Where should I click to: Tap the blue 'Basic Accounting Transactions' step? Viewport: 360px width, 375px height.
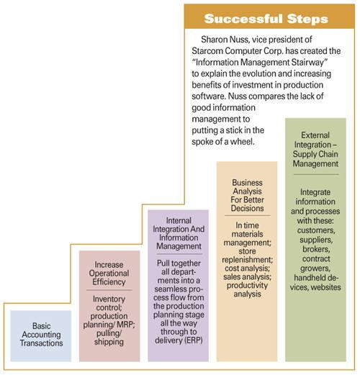(41, 336)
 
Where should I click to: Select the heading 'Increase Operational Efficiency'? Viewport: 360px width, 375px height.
(109, 274)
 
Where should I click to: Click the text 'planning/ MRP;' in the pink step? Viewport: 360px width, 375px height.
(109, 325)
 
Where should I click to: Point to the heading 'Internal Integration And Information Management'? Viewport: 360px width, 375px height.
(179, 233)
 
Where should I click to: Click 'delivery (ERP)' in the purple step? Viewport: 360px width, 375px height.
(179, 340)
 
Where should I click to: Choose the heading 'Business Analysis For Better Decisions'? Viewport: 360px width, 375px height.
(247, 196)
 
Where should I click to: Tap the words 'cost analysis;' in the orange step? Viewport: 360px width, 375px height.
(247, 268)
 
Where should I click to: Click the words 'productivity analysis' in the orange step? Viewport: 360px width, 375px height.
(247, 289)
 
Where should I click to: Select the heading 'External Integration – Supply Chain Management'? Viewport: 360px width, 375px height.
(315, 150)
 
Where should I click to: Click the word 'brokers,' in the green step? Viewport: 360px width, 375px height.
(316, 249)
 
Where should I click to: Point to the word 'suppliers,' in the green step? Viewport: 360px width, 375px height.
(316, 240)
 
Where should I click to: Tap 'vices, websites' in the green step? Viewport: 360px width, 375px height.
(315, 287)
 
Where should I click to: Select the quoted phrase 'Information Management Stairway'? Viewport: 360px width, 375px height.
(261, 62)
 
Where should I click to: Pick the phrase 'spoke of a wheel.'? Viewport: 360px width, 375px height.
(222, 142)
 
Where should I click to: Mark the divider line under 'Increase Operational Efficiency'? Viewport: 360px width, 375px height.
(109, 290)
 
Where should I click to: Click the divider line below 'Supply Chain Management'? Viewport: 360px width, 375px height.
(316, 174)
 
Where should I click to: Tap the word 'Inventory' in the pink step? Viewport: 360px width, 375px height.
(109, 299)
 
